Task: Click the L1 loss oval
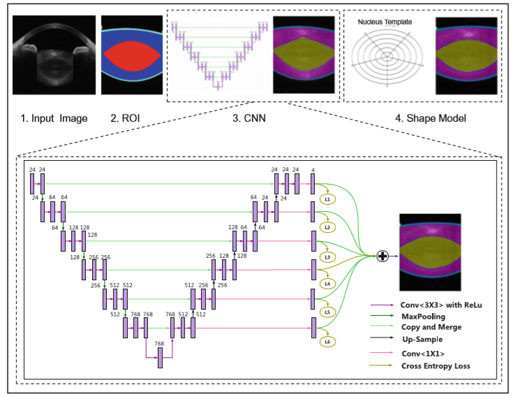pos(327,199)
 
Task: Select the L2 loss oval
pos(327,228)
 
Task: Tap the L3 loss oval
pos(327,257)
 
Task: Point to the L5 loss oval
pos(327,312)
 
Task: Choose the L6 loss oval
pos(327,342)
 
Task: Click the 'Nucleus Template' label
pos(384,22)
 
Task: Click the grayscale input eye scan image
pos(53,55)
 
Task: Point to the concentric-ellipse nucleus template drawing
pos(385,60)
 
